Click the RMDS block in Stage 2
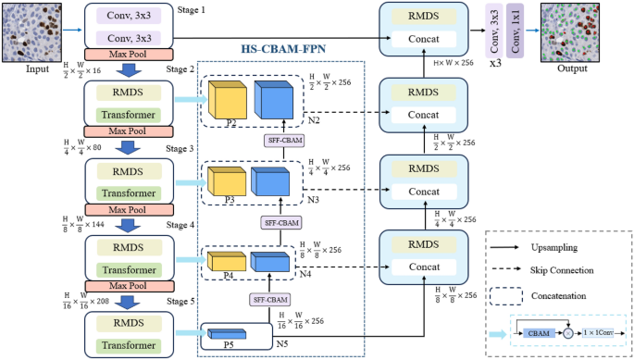[x=123, y=93]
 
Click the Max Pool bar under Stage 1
[x=123, y=54]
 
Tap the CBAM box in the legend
[x=539, y=332]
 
